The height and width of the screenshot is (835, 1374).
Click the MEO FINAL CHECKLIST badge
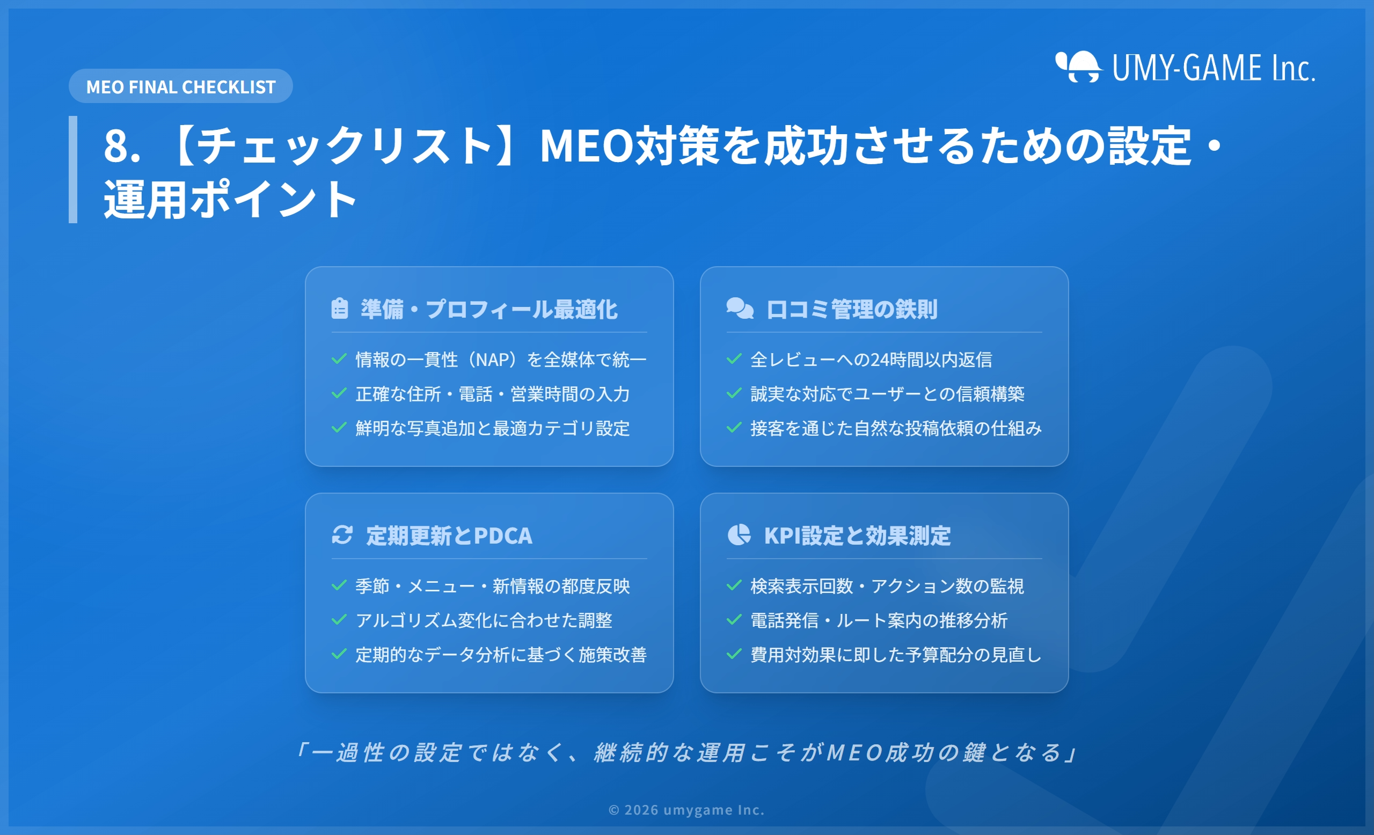point(181,86)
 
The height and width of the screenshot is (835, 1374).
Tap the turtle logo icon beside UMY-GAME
point(1078,67)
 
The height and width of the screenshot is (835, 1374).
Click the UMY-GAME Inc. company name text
point(1214,68)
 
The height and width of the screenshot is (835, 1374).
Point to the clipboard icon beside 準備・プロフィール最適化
point(340,308)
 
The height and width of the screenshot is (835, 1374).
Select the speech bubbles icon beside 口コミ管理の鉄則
point(740,308)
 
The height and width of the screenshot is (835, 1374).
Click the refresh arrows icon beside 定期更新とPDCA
point(342,534)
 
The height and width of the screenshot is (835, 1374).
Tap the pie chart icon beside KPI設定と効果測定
point(739,534)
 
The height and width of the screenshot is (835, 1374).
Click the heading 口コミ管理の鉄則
point(851,309)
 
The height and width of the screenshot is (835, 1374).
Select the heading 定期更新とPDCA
point(449,536)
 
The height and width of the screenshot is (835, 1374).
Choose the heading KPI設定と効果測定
point(857,536)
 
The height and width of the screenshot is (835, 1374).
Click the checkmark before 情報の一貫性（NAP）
point(339,358)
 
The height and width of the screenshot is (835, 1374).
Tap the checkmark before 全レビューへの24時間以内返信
point(734,358)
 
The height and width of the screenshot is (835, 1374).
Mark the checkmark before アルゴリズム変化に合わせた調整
point(339,619)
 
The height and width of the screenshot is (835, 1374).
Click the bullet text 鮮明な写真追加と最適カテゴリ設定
point(492,428)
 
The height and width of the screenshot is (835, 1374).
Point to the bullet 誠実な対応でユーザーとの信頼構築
point(887,393)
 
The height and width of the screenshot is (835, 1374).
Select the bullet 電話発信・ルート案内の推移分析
point(879,620)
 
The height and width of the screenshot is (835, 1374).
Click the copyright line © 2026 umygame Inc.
point(686,809)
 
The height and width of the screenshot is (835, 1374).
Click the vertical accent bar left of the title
point(73,170)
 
